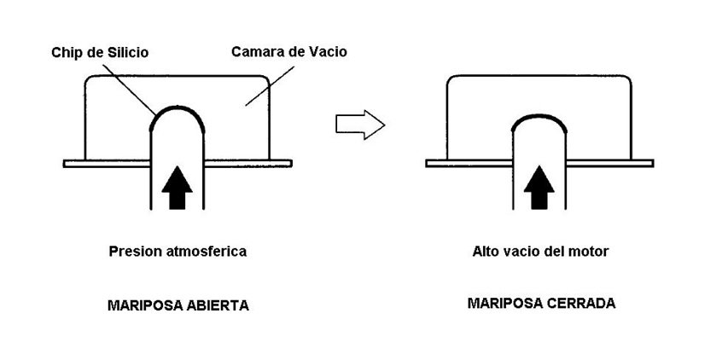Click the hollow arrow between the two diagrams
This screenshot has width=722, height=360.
tap(360, 125)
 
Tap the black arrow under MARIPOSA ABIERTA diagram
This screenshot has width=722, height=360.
tap(178, 188)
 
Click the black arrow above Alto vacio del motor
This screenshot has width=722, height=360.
tap(539, 188)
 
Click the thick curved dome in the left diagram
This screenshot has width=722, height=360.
tap(178, 107)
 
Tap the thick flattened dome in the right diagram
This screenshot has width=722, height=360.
tap(539, 116)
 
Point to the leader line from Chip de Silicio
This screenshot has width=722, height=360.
tap(130, 90)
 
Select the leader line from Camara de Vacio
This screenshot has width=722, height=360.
tap(270, 86)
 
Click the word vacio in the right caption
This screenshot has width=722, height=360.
tap(517, 252)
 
